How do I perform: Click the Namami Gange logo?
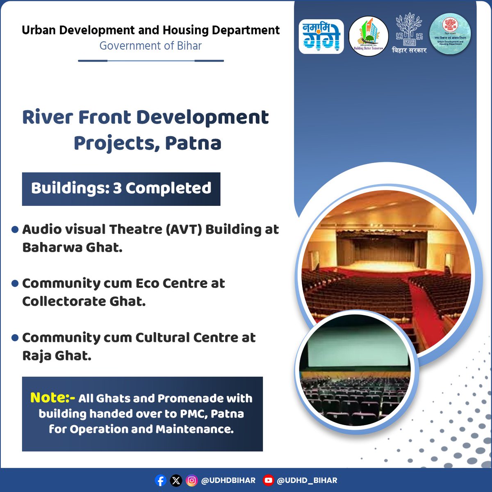point(321,36)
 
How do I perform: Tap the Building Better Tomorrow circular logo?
point(368,36)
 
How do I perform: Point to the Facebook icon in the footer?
point(160,480)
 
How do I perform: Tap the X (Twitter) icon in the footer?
point(176,480)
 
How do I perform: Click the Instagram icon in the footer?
point(191,480)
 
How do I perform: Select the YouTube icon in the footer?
point(268,480)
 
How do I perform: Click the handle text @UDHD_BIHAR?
point(307,480)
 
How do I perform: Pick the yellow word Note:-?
point(52,398)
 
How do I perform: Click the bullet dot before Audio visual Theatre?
point(15,230)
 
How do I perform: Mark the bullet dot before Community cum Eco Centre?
point(15,283)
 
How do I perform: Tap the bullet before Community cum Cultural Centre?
point(15,338)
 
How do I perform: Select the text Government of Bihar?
point(150,46)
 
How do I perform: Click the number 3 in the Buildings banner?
point(117,188)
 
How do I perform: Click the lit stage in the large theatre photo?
point(379,262)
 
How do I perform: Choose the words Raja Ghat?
point(57,356)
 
